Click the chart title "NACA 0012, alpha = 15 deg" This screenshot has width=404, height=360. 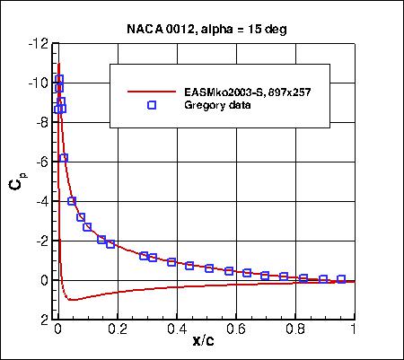(x=206, y=28)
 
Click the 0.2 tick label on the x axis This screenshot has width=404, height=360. (x=117, y=329)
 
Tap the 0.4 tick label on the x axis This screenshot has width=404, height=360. (x=176, y=329)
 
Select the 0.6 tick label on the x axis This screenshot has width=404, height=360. (x=235, y=329)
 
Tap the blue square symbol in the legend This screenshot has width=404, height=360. (x=152, y=105)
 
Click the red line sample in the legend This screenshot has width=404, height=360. (x=152, y=92)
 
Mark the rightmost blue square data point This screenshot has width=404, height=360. (x=341, y=279)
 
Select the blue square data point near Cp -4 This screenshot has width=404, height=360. (x=72, y=201)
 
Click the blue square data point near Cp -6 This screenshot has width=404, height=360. (x=64, y=158)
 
